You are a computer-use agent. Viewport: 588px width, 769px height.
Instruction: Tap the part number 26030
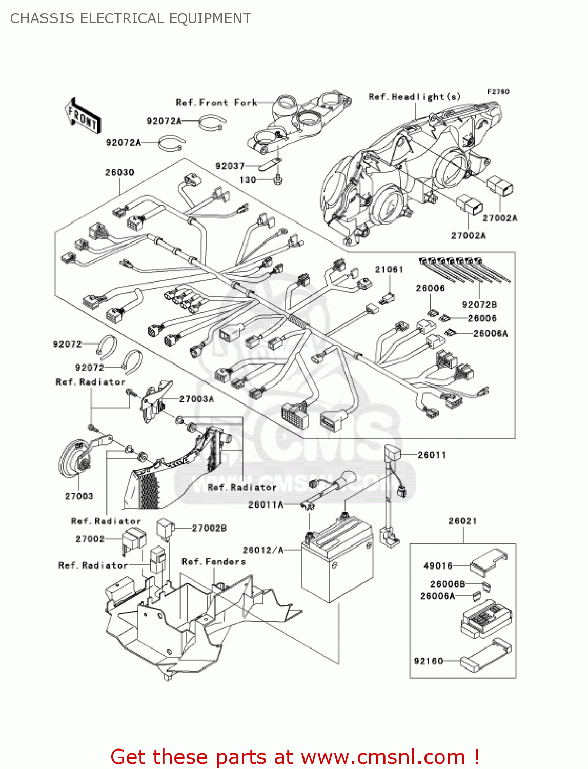[119, 172]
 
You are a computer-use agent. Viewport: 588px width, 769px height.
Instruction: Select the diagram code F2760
[498, 92]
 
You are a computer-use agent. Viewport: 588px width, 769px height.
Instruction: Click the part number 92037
[230, 166]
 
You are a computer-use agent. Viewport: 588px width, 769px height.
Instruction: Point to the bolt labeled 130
[278, 179]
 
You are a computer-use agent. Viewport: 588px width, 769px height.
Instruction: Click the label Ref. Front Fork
[216, 103]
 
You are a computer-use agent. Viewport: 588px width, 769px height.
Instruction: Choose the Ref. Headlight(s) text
[414, 97]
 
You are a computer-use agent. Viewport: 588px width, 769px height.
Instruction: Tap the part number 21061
[389, 270]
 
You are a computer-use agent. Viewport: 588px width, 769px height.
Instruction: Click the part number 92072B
[479, 305]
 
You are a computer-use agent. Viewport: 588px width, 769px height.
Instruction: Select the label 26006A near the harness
[490, 333]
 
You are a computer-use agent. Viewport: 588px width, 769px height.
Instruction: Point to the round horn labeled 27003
[74, 460]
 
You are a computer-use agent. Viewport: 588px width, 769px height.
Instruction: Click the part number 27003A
[196, 399]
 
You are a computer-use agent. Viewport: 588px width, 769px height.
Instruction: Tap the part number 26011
[432, 455]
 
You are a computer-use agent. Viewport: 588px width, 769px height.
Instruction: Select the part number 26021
[462, 521]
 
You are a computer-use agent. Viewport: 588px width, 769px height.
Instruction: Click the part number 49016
[438, 566]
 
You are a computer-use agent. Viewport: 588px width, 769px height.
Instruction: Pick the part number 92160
[429, 661]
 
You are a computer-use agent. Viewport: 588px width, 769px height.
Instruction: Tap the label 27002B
[209, 528]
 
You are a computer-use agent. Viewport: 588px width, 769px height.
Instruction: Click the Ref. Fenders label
[213, 562]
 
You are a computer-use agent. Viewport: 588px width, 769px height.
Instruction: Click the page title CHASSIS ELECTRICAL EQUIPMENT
[131, 18]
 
